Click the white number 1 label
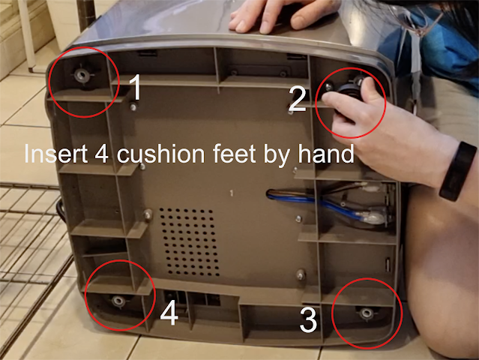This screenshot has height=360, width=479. (x=135, y=87)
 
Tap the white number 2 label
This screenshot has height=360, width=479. (x=297, y=98)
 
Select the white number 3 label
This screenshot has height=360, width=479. (x=308, y=320)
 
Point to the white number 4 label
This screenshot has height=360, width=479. (x=169, y=312)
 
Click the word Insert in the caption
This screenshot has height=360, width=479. (x=55, y=154)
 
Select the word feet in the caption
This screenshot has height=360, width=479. (x=235, y=153)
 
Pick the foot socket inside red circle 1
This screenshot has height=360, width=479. (x=82, y=74)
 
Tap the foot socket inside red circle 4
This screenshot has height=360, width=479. (x=118, y=301)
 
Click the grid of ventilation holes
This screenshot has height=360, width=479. (x=190, y=241)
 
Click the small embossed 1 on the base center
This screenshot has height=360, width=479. (x=232, y=193)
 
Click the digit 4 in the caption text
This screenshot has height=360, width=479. (x=101, y=154)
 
